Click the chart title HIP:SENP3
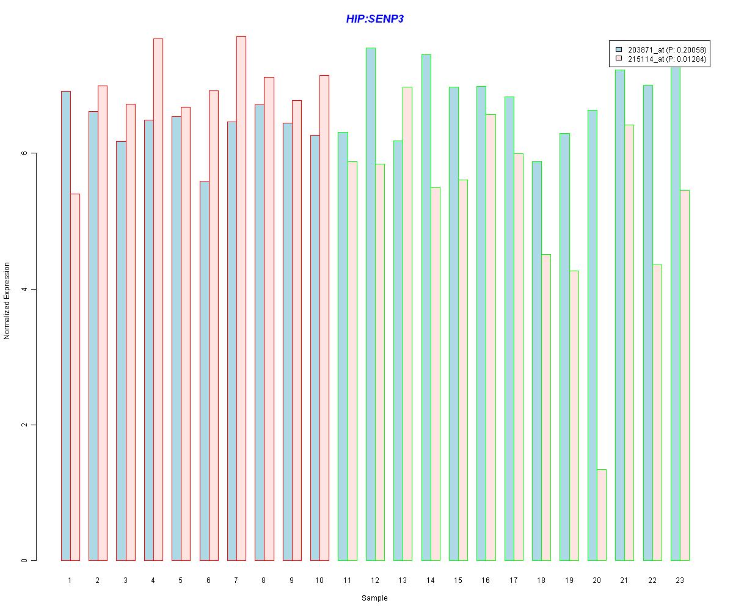coord(374,19)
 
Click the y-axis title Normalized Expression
coord(7,301)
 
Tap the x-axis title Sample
coord(374,598)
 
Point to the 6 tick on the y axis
coord(25,153)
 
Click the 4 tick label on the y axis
coord(25,289)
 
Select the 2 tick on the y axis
coord(25,425)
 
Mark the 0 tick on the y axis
coord(25,560)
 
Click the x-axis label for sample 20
coord(597,580)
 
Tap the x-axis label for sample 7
coord(236,580)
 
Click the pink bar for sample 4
coord(158,299)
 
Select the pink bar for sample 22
coord(657,412)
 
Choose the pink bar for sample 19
coord(574,415)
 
